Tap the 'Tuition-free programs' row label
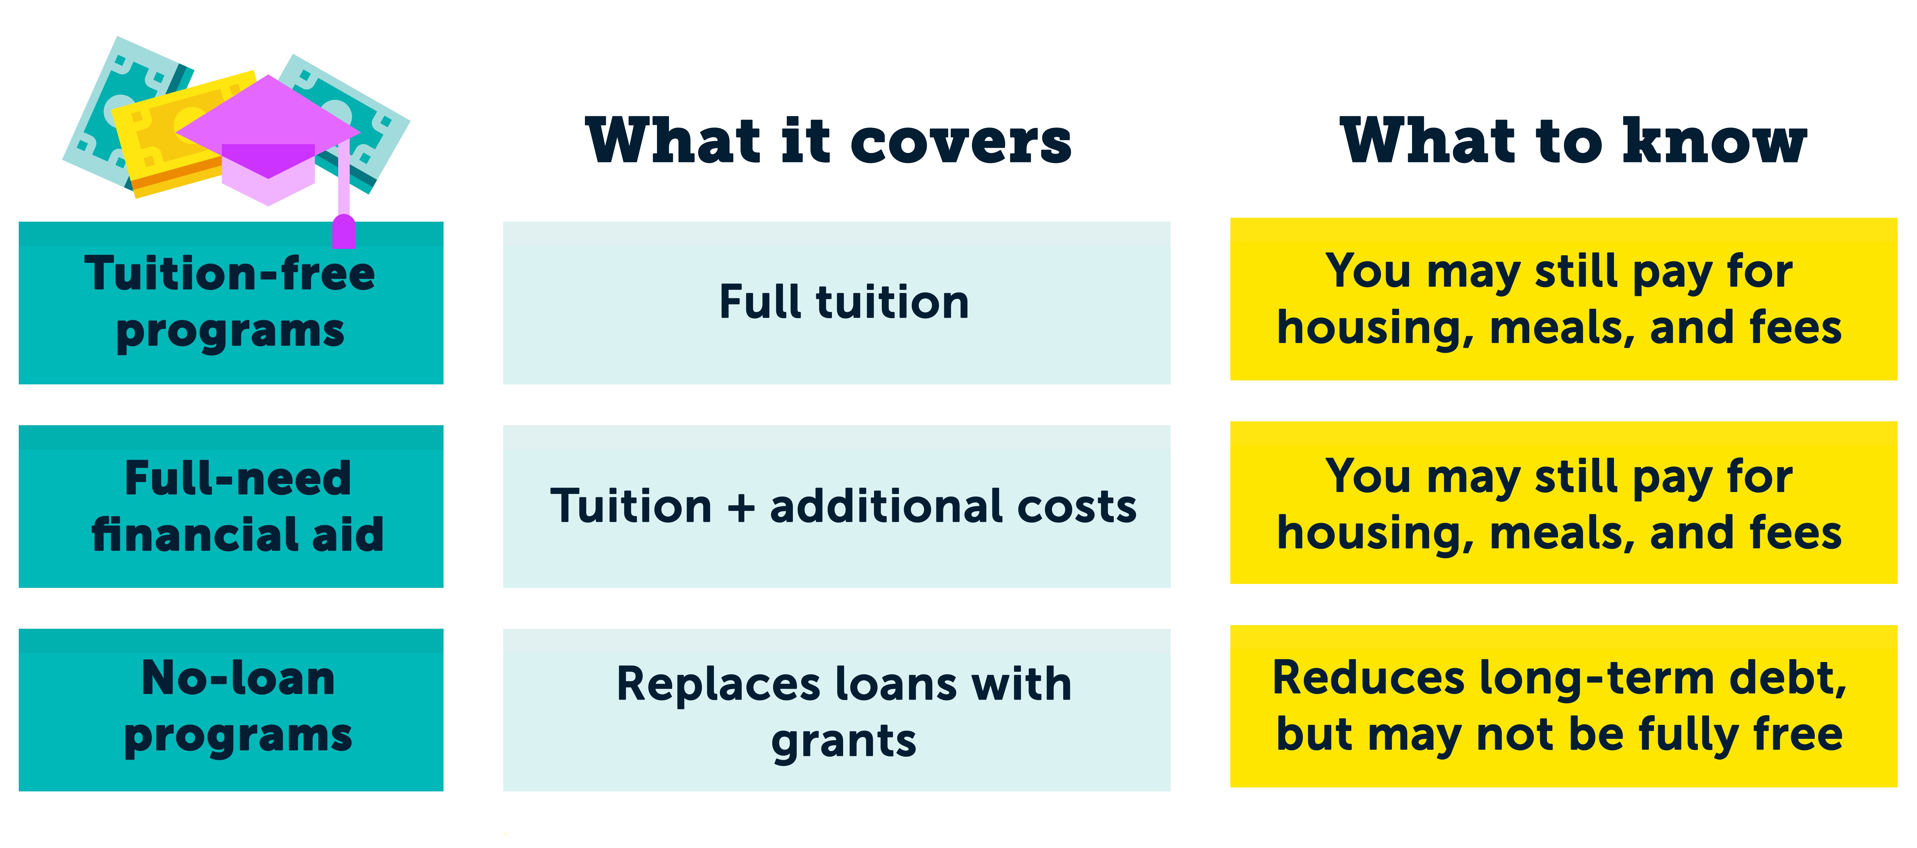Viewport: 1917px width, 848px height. tap(231, 302)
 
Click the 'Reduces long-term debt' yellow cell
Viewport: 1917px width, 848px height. tap(1563, 706)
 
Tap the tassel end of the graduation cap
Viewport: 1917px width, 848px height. tap(343, 232)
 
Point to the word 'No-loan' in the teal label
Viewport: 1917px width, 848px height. tap(238, 679)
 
